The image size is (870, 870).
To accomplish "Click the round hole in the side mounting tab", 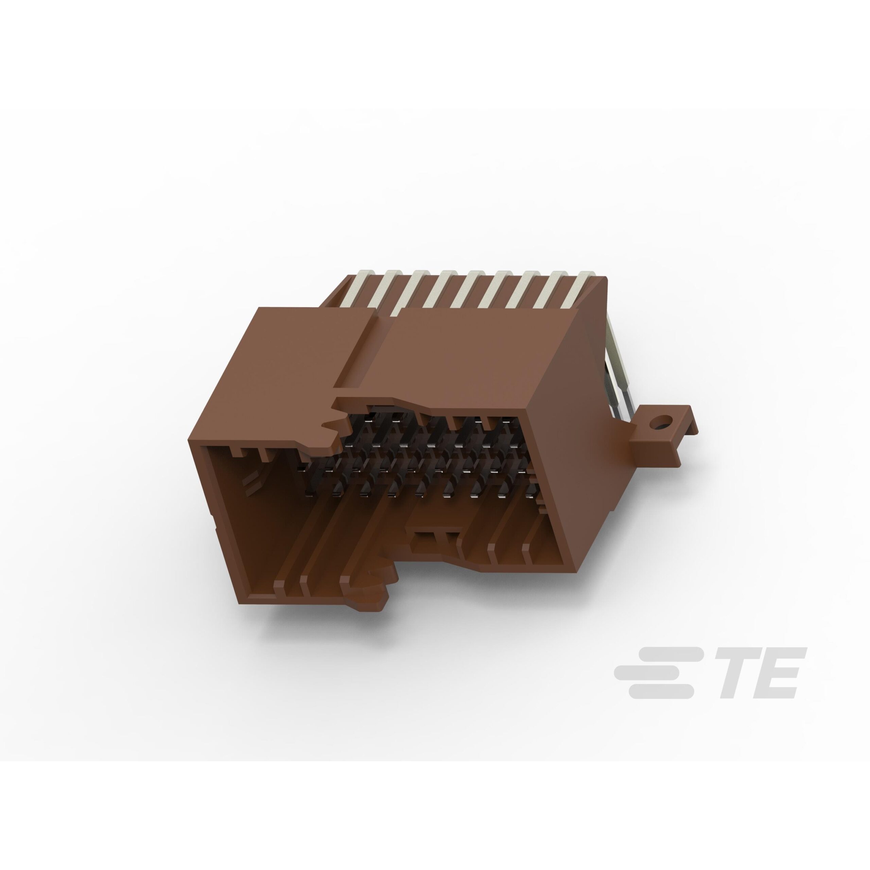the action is [660, 423].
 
